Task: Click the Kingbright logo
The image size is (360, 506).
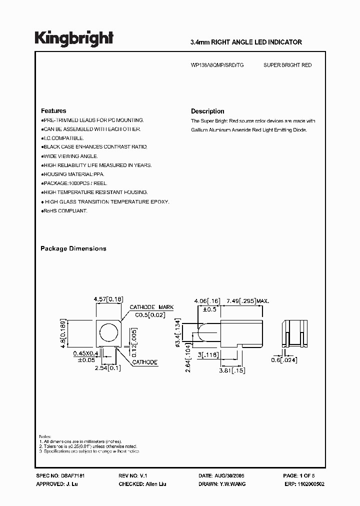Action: (73, 38)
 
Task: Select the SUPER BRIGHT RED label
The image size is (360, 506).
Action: (287, 65)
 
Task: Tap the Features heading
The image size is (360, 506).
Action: (53, 111)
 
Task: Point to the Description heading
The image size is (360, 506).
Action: (207, 111)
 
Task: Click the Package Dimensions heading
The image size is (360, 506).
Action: (73, 248)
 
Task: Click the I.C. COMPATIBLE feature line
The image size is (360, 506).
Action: (63, 138)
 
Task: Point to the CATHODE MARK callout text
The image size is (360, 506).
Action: (151, 307)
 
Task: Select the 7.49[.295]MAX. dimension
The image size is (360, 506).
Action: (248, 301)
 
